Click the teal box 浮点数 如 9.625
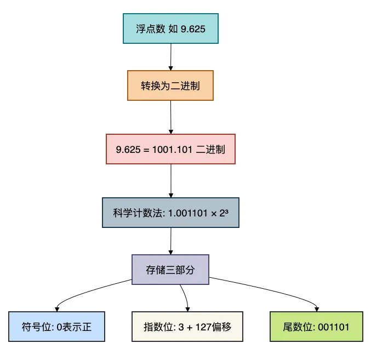pos(170,28)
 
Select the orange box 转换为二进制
pos(170,86)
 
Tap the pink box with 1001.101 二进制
pos(170,148)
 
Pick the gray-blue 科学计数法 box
pos(170,212)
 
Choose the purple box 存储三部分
pos(170,269)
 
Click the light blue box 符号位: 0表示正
pos(56,327)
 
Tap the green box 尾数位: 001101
pos(317,327)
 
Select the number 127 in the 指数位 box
pos(205,327)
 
